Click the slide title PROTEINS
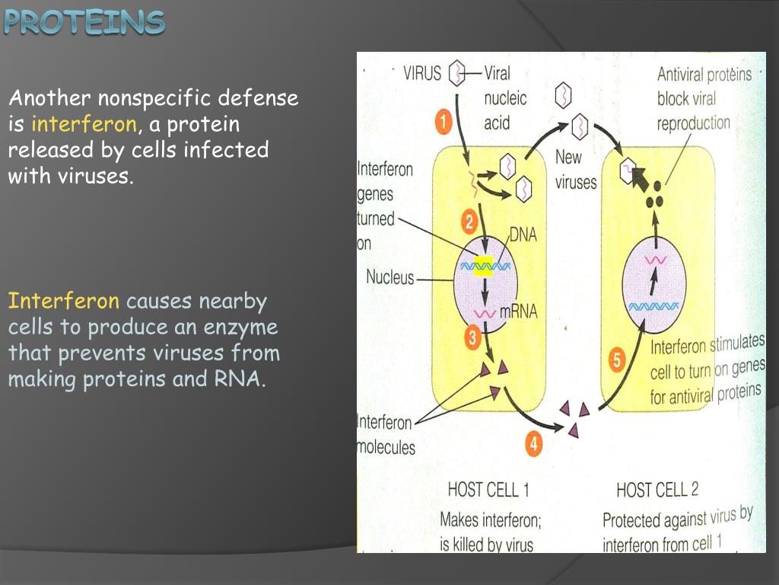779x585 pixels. tap(84, 22)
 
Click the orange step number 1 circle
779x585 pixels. tap(444, 121)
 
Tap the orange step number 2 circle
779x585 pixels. tap(469, 222)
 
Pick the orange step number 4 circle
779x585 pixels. tap(534, 444)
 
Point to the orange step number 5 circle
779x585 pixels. tap(618, 360)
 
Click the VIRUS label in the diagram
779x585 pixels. tap(422, 74)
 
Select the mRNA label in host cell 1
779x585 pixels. tap(519, 312)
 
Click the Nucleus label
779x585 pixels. tap(389, 277)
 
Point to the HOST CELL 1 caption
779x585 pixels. tap(488, 489)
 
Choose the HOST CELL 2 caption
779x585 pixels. tap(657, 489)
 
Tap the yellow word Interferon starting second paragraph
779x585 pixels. tap(64, 301)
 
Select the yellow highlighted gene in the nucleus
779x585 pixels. tap(481, 265)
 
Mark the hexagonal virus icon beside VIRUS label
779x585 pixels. tap(456, 74)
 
